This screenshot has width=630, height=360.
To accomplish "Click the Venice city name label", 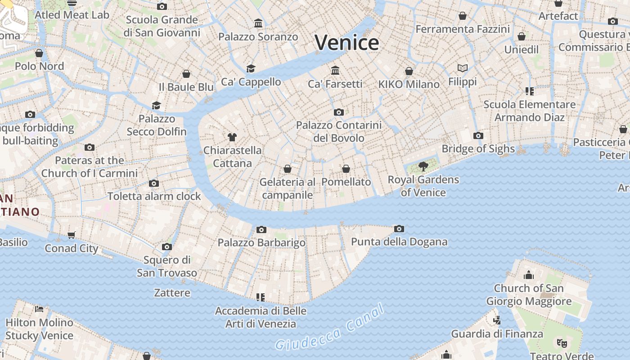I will (346, 43).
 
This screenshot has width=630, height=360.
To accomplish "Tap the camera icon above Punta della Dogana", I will (399, 229).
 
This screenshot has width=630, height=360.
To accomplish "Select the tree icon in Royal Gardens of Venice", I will (423, 166).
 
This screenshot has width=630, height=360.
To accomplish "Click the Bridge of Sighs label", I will (478, 148).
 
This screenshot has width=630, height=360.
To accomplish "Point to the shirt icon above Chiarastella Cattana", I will (232, 137).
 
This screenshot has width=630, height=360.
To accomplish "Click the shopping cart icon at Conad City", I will (72, 235).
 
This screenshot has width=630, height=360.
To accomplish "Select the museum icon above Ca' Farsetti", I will (335, 70).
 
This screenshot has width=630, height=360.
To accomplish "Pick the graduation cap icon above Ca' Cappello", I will (251, 68).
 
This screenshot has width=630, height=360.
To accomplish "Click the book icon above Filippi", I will (463, 68).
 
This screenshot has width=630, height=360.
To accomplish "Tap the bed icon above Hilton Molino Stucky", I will (39, 309).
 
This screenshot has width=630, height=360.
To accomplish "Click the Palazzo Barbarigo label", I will (261, 243).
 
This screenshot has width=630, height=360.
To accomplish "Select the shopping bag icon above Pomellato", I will (346, 169).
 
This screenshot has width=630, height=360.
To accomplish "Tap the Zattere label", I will (172, 292).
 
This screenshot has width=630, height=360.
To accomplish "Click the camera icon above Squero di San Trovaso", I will (167, 247).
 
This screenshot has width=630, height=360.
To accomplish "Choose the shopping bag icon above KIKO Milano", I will (409, 71).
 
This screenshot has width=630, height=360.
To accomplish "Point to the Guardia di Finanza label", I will (497, 334).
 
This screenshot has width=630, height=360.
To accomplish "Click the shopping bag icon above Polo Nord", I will (39, 53).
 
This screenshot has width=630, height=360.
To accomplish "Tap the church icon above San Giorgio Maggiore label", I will (529, 274).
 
